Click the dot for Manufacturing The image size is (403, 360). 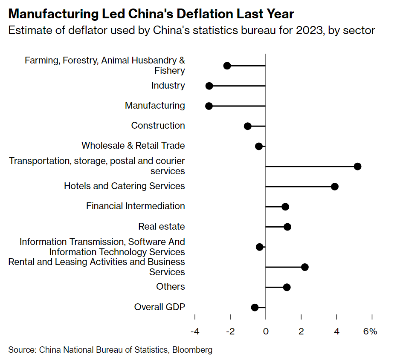tap(209, 106)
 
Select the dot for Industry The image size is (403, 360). tap(209, 86)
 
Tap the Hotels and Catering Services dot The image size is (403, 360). tap(335, 186)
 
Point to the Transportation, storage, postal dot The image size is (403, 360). tap(357, 166)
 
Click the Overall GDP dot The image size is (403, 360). tap(255, 307)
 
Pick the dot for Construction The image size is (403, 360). tap(248, 126)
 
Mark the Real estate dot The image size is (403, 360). tap(287, 227)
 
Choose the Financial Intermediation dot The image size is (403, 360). tap(285, 207)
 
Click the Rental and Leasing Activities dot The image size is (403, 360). tap(304, 267)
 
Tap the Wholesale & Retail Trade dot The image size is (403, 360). tap(258, 146)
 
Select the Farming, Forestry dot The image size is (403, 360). tap(227, 66)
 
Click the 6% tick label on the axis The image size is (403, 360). tap(371, 331)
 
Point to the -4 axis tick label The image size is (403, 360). tap(195, 331)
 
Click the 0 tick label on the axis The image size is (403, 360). tap(266, 331)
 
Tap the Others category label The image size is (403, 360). tap(171, 286)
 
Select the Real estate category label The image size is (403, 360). tap(162, 226)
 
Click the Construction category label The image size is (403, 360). tap(158, 126)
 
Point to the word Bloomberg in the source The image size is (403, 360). tap(191, 350)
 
